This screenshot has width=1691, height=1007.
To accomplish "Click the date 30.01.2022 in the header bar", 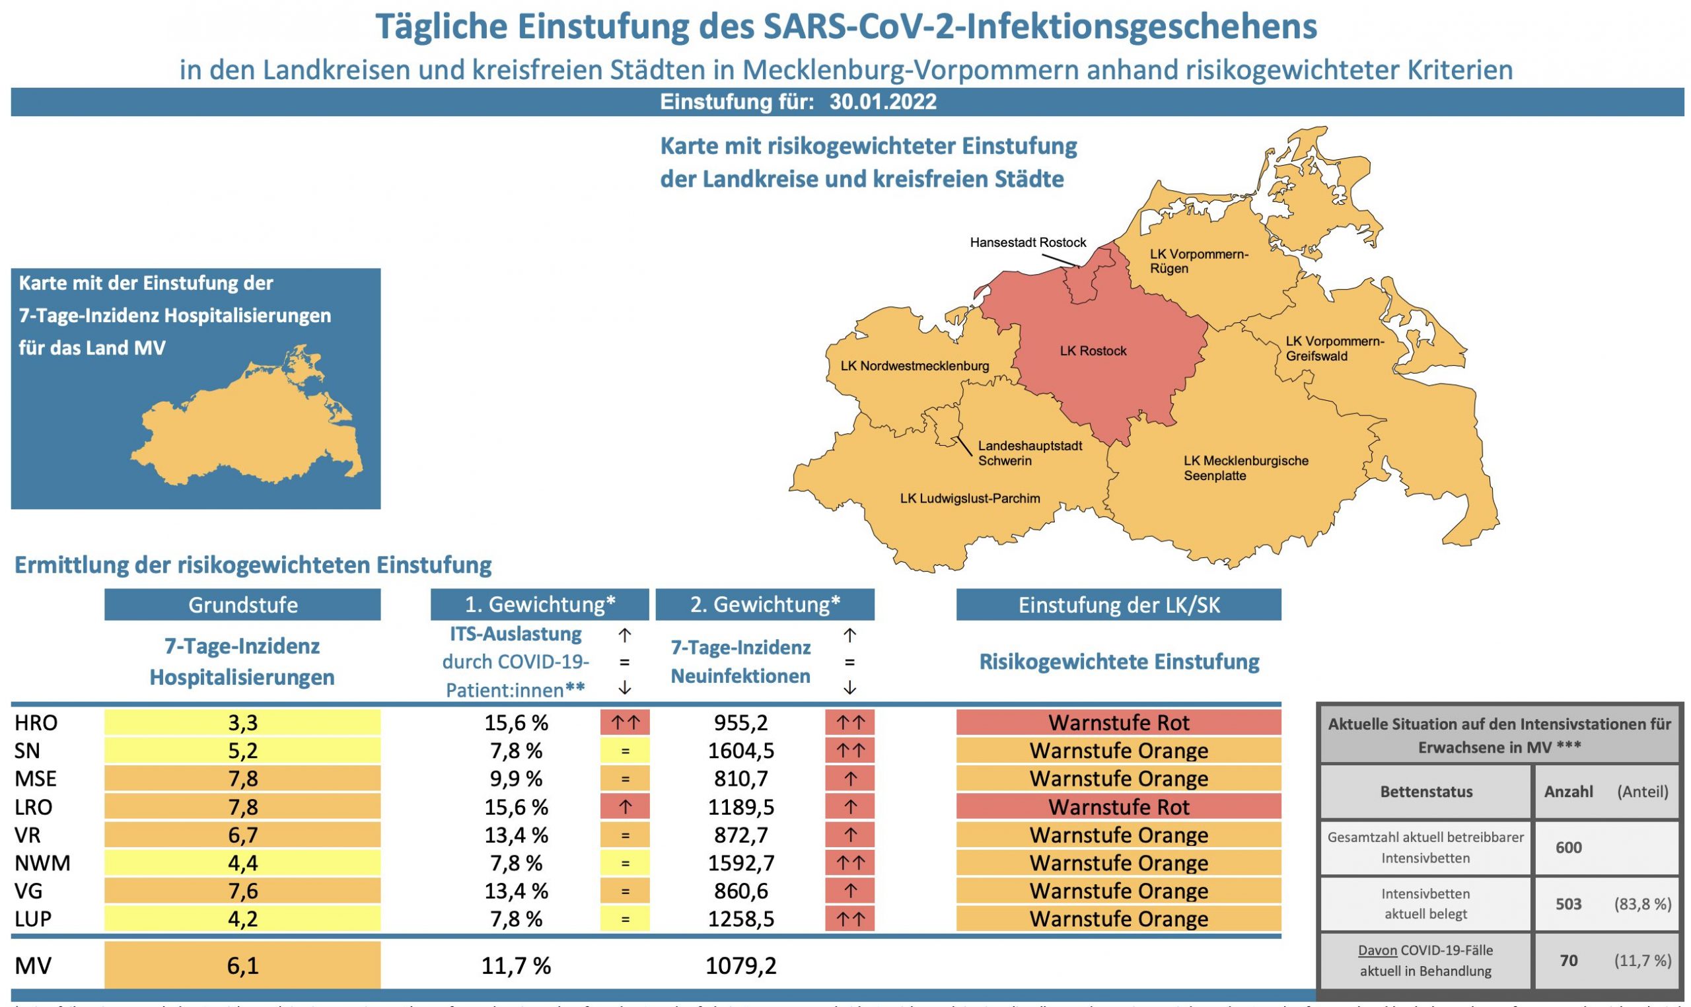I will coord(882,102).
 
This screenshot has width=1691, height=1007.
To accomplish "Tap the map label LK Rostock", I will coord(1093,351).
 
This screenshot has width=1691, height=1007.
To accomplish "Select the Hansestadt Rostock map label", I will coord(1027,242).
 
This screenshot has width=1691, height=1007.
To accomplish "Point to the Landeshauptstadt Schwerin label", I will coord(1029,453).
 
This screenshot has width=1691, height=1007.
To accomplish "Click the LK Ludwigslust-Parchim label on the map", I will coord(970,499).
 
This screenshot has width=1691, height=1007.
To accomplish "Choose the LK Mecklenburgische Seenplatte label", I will coord(1246,468).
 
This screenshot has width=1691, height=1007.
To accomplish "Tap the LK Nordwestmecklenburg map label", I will coord(914,366).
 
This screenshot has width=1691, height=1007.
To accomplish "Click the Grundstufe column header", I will coord(242,605).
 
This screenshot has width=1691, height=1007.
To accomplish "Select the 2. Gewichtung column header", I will coord(765,605).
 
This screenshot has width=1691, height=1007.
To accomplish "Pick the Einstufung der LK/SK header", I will coord(1118,605).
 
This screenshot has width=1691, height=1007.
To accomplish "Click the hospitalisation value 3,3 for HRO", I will coord(242,722).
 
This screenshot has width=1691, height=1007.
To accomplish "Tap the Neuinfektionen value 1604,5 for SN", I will coord(740,751).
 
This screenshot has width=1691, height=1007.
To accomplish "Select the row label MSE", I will coord(35,779).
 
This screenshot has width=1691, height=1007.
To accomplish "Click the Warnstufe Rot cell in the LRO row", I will coord(1118,808).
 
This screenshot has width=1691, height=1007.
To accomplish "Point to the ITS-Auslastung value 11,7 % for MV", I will coord(516,965).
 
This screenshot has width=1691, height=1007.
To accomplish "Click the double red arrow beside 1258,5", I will coord(849,919).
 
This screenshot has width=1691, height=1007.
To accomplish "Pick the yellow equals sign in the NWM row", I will coord(625,864).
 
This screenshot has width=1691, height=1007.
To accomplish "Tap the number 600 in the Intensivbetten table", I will coord(1568,848).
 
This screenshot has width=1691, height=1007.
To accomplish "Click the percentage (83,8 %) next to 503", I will coord(1642,904).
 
